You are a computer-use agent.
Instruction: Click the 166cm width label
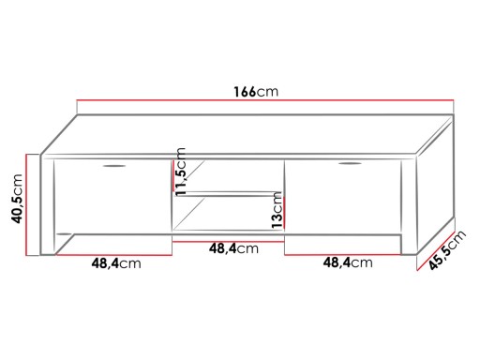(x=256, y=92)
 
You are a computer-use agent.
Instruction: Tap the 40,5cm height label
(x=17, y=199)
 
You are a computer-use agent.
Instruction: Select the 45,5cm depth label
(x=447, y=249)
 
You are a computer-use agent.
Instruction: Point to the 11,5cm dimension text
(x=180, y=172)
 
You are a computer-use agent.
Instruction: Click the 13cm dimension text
(x=277, y=210)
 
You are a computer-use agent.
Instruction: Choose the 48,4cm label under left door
(x=116, y=263)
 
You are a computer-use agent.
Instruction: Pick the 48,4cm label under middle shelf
(x=233, y=248)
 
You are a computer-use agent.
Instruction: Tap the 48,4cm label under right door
(x=348, y=262)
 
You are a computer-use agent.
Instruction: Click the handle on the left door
(x=114, y=166)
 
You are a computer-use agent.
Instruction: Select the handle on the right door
(x=350, y=163)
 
